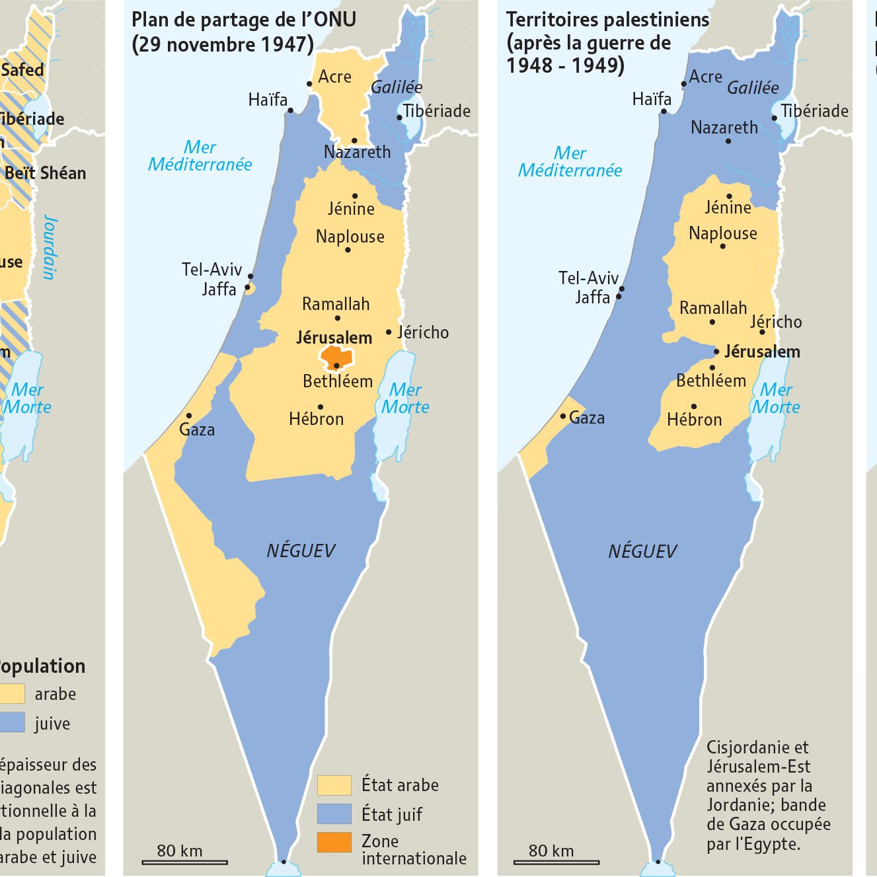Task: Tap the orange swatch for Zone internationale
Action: pyautogui.click(x=334, y=842)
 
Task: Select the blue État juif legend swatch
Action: pyautogui.click(x=334, y=814)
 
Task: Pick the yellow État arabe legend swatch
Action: pyautogui.click(x=334, y=785)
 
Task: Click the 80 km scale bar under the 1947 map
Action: pyautogui.click(x=185, y=862)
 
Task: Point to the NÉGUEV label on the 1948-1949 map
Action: pyautogui.click(x=642, y=551)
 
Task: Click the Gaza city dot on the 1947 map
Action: pyautogui.click(x=188, y=416)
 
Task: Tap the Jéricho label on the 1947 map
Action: pyautogui.click(x=422, y=332)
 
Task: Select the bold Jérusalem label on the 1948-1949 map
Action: pyautogui.click(x=762, y=352)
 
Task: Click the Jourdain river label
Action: pyautogui.click(x=50, y=247)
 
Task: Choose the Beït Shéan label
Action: pyautogui.click(x=45, y=173)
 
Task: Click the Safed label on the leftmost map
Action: pyautogui.click(x=22, y=69)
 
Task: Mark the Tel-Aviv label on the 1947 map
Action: pyautogui.click(x=211, y=270)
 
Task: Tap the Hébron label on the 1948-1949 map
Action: pyautogui.click(x=694, y=420)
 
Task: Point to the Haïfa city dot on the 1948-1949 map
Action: pyautogui.click(x=664, y=112)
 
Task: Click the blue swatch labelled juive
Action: pyautogui.click(x=12, y=722)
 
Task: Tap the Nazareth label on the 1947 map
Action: pyautogui.click(x=357, y=152)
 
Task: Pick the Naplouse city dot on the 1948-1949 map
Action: pyautogui.click(x=723, y=247)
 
